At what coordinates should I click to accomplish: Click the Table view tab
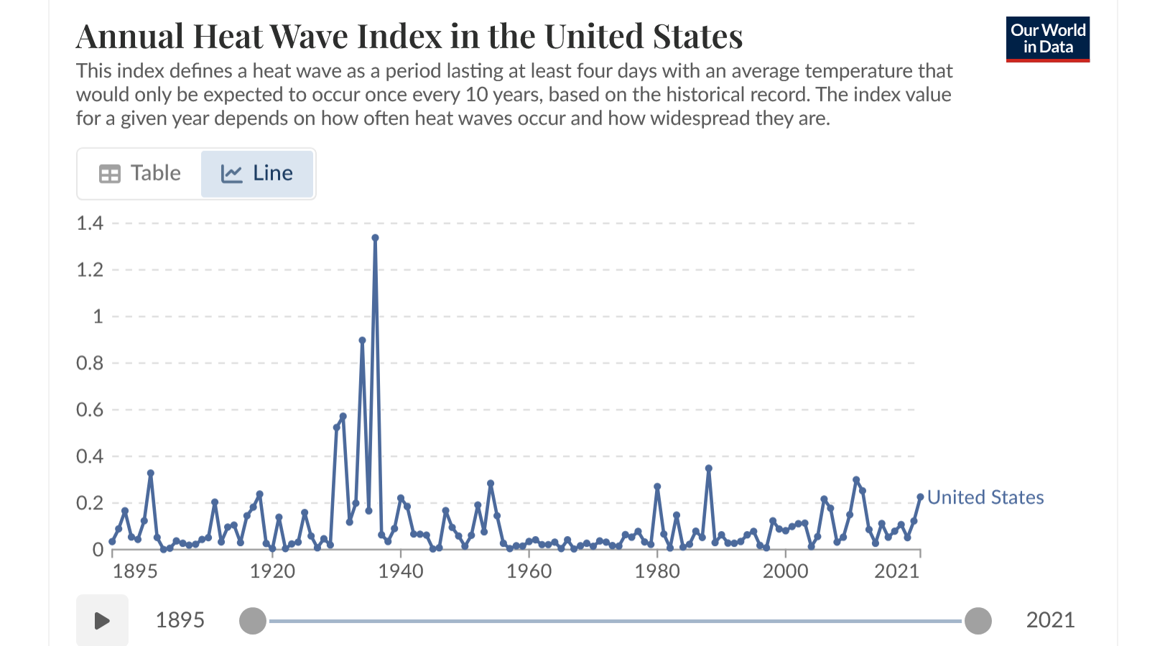pos(139,173)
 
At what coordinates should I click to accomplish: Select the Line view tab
pos(257,174)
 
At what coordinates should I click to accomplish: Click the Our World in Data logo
pos(1047,39)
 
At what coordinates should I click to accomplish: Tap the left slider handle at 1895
pos(253,621)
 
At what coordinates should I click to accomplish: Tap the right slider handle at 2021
pos(978,621)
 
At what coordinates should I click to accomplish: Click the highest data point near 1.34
pos(375,238)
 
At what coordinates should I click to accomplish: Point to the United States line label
pos(985,497)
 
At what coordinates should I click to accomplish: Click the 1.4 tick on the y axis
pos(90,223)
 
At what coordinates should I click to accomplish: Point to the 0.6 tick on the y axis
pos(90,410)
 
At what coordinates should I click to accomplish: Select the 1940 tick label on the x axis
pos(401,571)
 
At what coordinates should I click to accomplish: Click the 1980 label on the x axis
pos(657,571)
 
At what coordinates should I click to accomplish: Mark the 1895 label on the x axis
pos(135,571)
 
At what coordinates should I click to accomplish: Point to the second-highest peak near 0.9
pos(362,340)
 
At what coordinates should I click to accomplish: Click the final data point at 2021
pos(920,497)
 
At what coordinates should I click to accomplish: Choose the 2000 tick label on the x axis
pos(785,571)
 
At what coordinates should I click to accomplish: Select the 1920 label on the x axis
pos(272,571)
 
